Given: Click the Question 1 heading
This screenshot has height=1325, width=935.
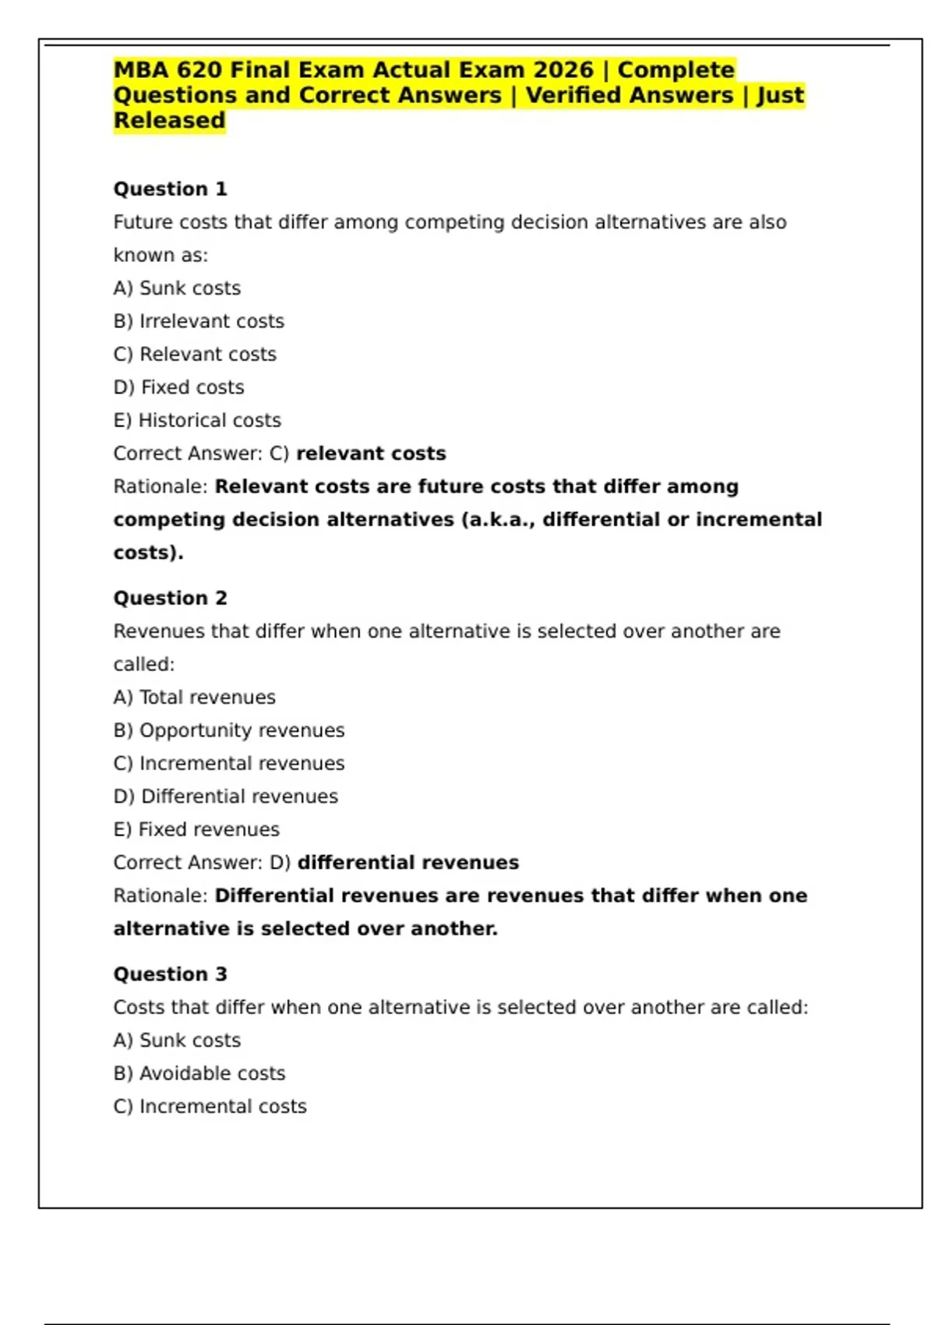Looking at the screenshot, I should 170,189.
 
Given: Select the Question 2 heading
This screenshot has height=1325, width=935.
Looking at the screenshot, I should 170,599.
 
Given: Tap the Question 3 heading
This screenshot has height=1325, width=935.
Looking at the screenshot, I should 170,974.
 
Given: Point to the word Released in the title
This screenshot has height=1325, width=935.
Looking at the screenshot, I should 169,121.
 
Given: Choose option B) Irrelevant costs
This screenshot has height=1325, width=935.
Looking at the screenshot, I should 199,321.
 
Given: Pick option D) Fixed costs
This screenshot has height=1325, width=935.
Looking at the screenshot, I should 178,387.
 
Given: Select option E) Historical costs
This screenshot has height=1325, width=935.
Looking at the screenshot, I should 197,421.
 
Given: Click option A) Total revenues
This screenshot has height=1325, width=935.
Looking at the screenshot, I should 194,698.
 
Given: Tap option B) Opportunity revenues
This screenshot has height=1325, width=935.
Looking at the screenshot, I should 228,730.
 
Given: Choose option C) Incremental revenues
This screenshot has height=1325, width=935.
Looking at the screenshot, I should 228,764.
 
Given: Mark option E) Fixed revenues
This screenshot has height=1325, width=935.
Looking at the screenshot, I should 196,830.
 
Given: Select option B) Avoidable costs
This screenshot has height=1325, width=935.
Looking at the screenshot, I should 199,1074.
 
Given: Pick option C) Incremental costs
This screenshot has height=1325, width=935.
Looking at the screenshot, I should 210,1107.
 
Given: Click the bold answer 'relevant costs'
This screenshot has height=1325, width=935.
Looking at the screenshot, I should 371,454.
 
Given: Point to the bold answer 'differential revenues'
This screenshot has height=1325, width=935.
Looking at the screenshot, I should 408,863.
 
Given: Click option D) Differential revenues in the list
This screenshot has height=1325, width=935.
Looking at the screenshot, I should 225,797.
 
